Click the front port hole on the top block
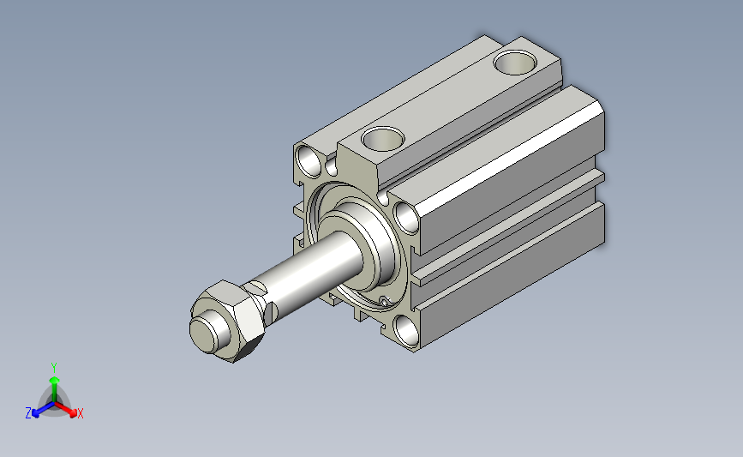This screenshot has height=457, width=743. pos(383,139)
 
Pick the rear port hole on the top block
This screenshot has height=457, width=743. pos(515,62)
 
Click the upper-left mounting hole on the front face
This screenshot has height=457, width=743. pos(309,161)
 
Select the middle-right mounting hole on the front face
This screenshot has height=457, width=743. pos(407,218)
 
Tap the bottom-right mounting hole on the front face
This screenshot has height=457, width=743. pos(406,331)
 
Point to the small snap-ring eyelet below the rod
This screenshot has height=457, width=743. pos(384,301)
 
